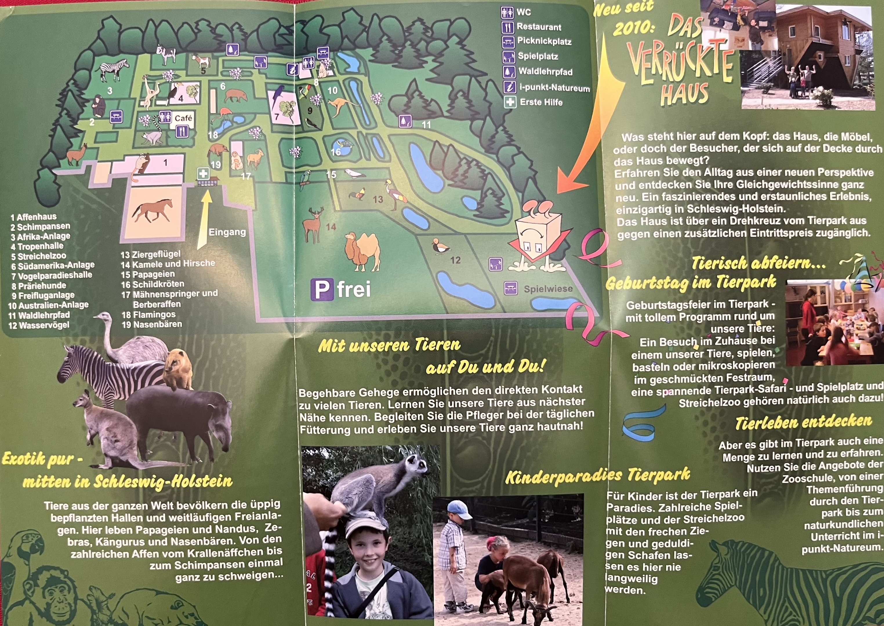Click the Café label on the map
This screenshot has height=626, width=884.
[183, 118]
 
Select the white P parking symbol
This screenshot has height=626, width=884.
[322, 290]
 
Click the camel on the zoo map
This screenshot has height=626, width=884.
[361, 251]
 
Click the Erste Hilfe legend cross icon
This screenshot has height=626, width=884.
[510, 102]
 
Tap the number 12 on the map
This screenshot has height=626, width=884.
[455, 260]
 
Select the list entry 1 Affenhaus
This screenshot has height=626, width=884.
[34, 217]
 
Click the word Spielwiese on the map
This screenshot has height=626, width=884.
[548, 289]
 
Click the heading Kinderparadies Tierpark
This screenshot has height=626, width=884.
[597, 477]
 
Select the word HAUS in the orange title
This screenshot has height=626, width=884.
[684, 94]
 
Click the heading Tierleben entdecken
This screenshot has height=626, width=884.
[803, 422]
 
